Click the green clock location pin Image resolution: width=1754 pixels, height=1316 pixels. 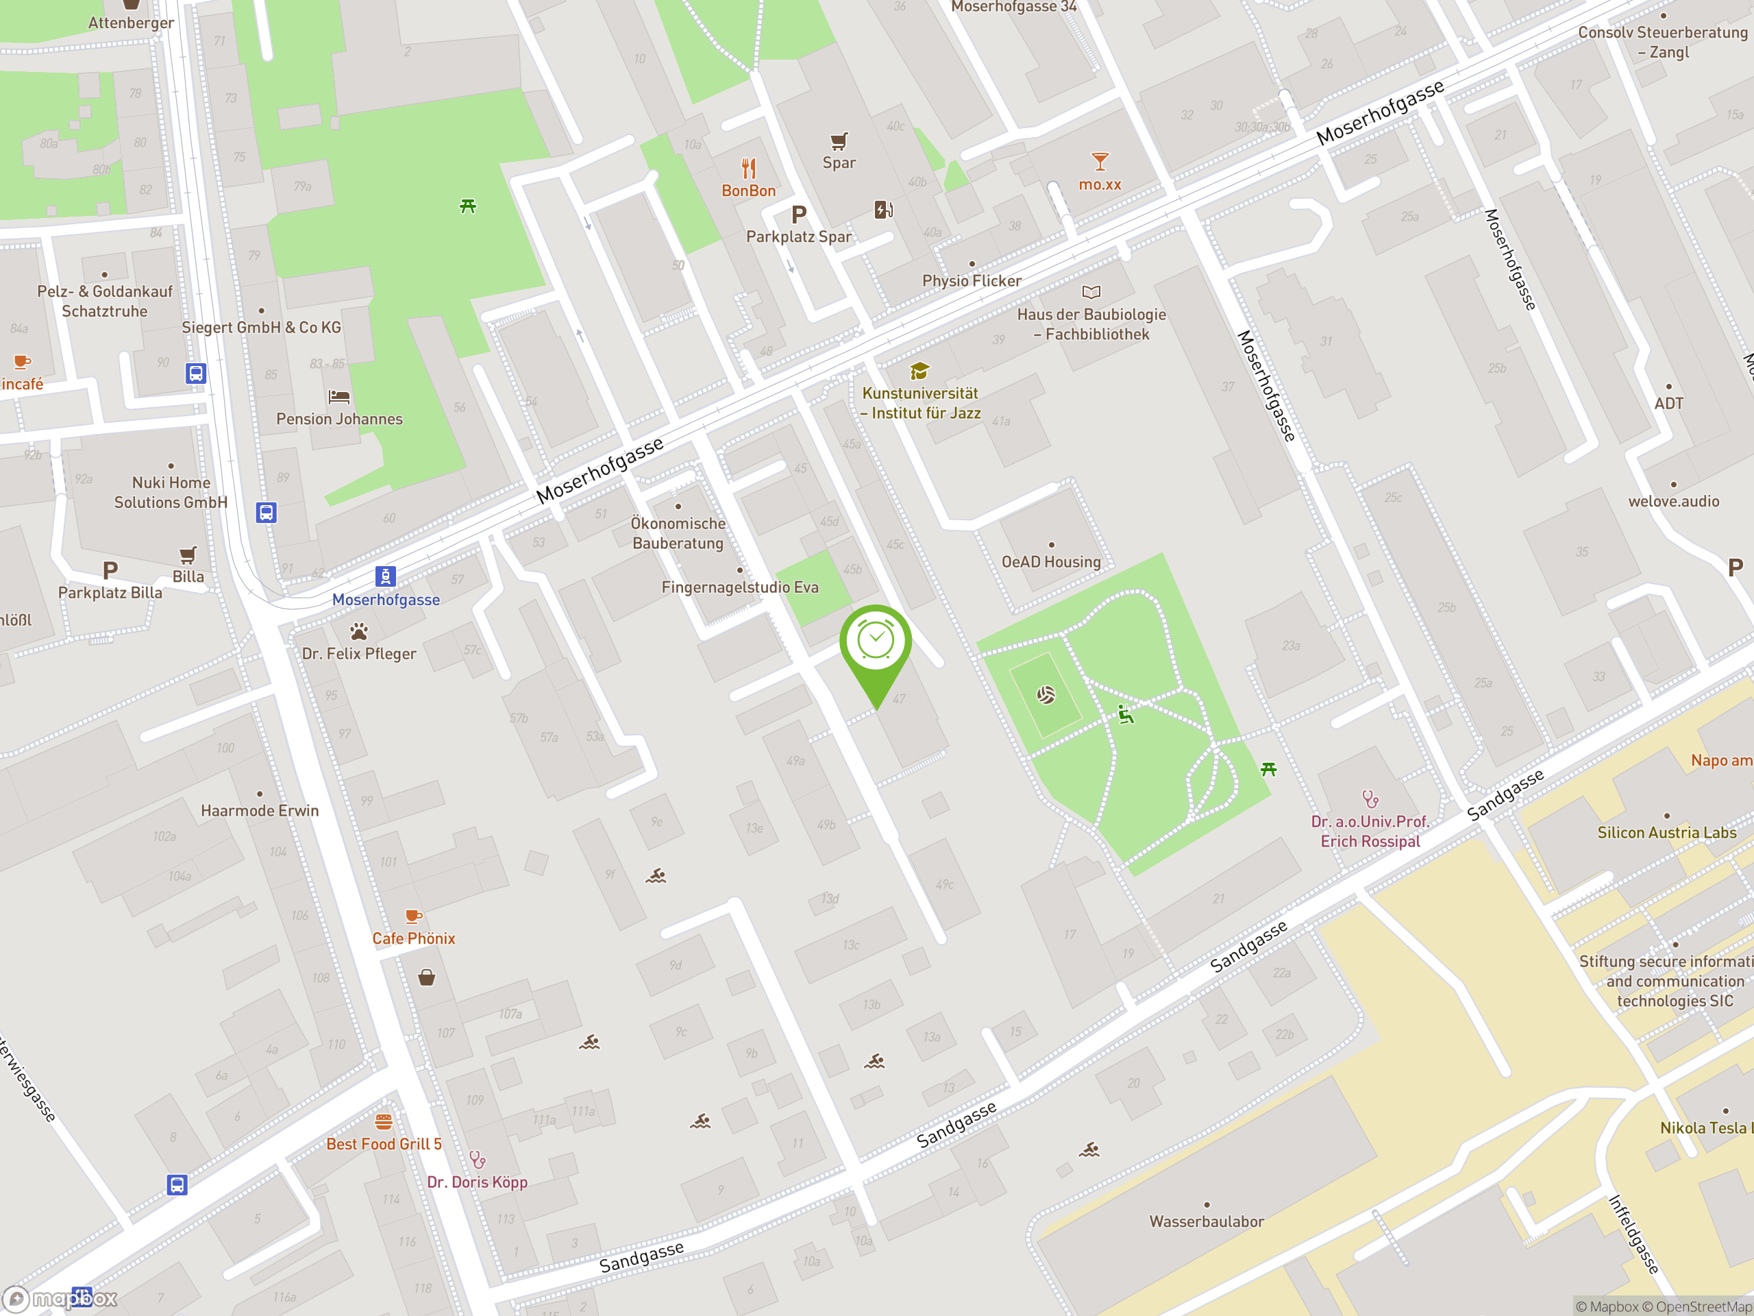click(x=876, y=642)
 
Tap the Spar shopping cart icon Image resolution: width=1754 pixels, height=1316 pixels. click(x=839, y=141)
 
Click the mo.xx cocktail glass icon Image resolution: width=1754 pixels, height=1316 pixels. click(x=1100, y=162)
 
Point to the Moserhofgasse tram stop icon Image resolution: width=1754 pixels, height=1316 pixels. click(x=385, y=576)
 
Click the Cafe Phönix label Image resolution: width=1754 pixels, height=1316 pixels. click(x=414, y=938)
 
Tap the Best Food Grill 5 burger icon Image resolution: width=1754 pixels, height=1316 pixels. click(x=384, y=1121)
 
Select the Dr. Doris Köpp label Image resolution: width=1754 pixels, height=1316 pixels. click(x=478, y=1182)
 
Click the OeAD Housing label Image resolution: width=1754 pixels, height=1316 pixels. click(x=1050, y=561)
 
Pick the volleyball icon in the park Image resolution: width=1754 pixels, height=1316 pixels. click(x=1046, y=696)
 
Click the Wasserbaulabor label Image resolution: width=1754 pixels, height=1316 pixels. click(x=1206, y=1221)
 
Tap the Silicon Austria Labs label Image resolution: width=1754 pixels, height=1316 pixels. click(x=1667, y=832)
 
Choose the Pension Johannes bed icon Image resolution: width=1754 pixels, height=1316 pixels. click(x=339, y=396)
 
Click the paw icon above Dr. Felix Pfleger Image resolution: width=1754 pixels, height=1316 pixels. click(x=359, y=631)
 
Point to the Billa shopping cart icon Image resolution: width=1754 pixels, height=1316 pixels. click(x=188, y=555)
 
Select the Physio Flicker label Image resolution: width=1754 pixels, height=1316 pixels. click(x=972, y=281)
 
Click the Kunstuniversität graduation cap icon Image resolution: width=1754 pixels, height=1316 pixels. click(x=919, y=370)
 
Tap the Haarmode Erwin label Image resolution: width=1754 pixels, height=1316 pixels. click(x=259, y=811)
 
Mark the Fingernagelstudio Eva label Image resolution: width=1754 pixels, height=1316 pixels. click(x=740, y=587)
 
